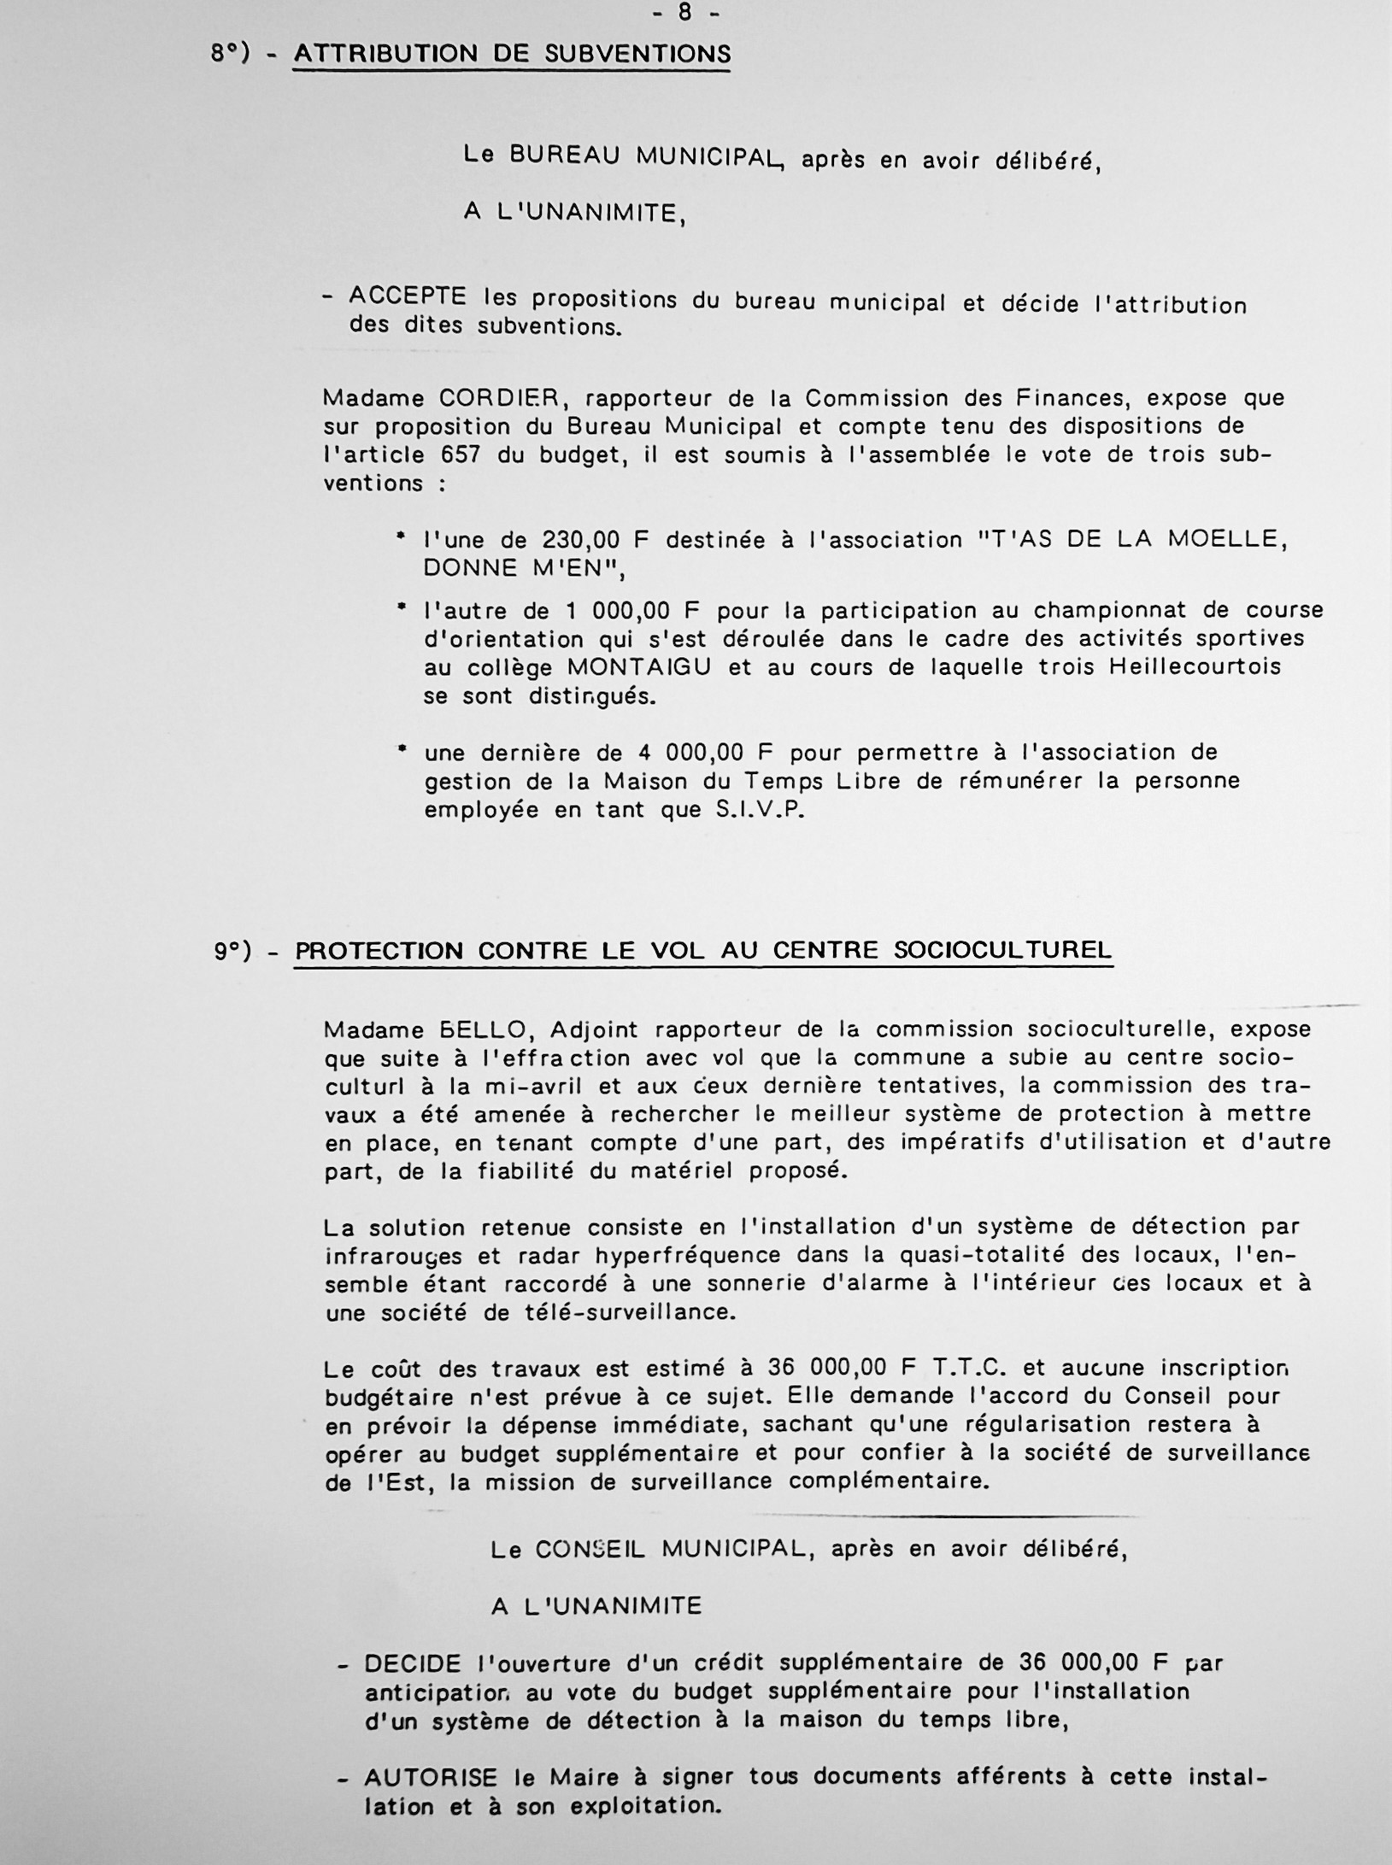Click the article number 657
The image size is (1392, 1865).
[x=461, y=455]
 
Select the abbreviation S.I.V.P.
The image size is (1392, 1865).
[x=761, y=810]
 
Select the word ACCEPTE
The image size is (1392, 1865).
[x=408, y=297]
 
